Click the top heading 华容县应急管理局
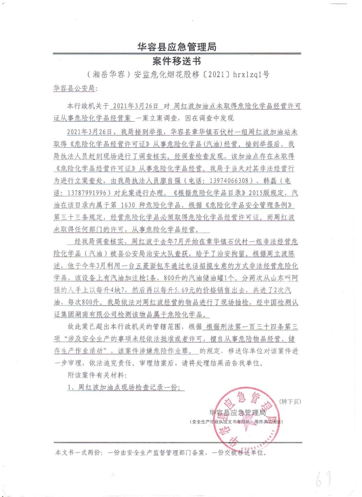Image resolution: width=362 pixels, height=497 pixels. tap(177, 47)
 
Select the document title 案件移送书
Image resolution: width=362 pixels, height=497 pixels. tap(177, 61)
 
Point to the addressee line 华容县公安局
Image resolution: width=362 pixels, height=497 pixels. tap(76, 89)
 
